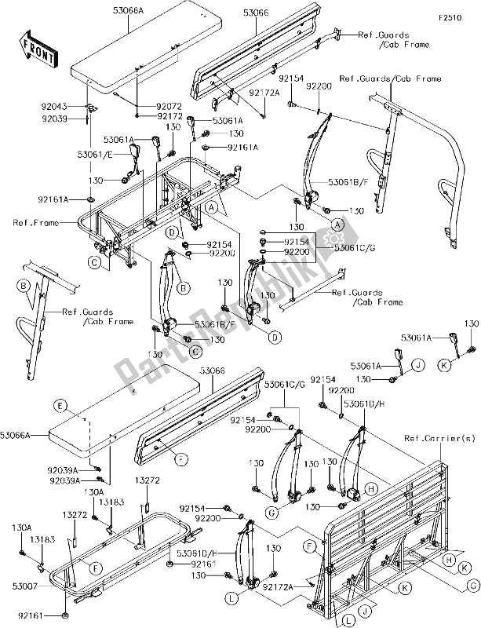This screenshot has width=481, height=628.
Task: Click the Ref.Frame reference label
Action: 32,222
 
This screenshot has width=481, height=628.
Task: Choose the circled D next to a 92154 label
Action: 170,233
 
